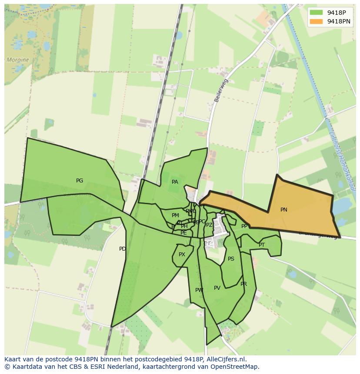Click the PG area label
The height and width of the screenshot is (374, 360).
click(80, 181)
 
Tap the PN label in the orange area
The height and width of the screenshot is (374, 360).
click(284, 210)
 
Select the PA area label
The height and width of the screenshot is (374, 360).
click(175, 182)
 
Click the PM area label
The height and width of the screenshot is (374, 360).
click(175, 215)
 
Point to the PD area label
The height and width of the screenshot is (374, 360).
click(123, 249)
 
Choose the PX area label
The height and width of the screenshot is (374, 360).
click(182, 255)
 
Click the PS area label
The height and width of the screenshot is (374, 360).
click(231, 259)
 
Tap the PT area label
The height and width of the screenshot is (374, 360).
click(262, 245)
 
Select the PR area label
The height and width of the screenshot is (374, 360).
click(243, 284)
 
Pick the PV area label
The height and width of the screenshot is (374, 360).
click(217, 288)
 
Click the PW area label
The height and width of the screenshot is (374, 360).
click(199, 290)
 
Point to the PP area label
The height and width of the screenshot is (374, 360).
click(244, 226)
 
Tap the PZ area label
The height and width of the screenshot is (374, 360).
click(209, 225)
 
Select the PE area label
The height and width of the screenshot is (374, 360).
click(183, 233)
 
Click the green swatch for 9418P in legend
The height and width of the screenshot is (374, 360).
click(316, 12)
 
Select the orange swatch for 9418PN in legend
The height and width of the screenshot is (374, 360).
click(316, 21)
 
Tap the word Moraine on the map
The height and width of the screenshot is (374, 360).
click(18, 60)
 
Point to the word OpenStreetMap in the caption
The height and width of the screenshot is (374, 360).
click(237, 367)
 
